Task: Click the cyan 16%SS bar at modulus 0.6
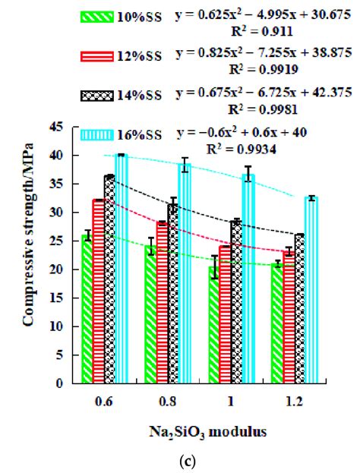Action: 120,269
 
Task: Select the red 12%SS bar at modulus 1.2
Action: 289,317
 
